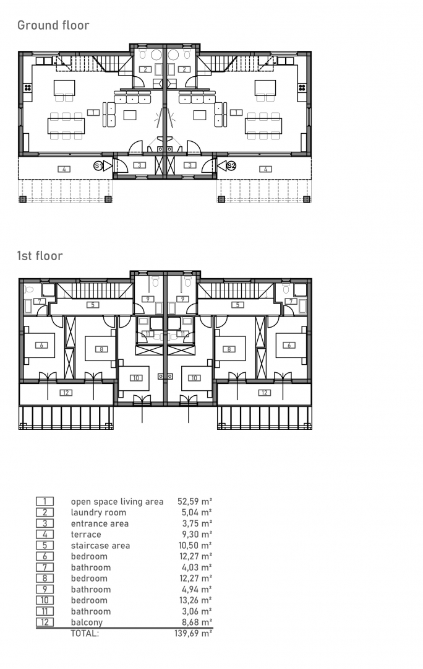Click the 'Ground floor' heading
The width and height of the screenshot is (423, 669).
pos(53,25)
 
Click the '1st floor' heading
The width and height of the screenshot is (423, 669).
pos(40,256)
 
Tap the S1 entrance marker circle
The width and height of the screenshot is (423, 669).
pos(98,165)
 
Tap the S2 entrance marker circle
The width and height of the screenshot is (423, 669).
pos(231,165)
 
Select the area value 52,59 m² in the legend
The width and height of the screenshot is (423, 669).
pos(195,501)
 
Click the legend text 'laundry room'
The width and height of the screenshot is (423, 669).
pos(98,512)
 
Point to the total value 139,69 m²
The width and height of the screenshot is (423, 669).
pos(194,633)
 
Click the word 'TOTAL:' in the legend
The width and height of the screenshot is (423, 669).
pos(85,633)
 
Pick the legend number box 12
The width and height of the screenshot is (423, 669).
pos(45,622)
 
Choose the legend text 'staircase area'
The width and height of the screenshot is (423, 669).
pos(100,545)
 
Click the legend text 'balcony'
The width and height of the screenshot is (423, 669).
pos(87,623)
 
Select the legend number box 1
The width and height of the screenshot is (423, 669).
pos(45,501)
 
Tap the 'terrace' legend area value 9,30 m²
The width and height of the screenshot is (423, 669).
pos(197,534)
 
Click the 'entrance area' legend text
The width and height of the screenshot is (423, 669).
pos(100,523)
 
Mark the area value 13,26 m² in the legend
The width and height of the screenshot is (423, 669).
pos(195,600)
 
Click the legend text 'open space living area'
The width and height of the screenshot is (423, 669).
pos(117,502)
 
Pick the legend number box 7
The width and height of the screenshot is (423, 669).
pos(45,567)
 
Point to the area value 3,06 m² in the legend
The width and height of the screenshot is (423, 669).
pos(197,611)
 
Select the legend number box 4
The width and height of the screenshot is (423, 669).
pos(45,534)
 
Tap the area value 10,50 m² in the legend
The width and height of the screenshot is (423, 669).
pos(195,545)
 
